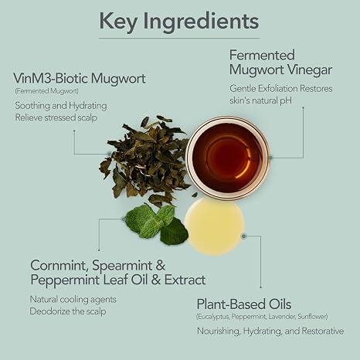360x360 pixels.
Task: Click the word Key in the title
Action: coord(118,22)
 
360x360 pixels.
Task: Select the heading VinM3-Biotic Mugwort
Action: coord(80,78)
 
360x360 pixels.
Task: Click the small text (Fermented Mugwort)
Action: coord(46,91)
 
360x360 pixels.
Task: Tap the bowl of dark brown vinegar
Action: coord(227,158)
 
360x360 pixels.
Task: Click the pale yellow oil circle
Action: coord(214,226)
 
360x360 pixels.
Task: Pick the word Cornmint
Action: coord(59,266)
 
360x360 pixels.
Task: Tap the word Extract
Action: coord(185,280)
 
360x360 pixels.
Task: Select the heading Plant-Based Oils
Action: coord(244,304)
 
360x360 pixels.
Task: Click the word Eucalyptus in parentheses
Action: coord(212,317)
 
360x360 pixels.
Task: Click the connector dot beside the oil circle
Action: coord(243,236)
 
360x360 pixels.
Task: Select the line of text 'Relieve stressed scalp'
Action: coord(56,117)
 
